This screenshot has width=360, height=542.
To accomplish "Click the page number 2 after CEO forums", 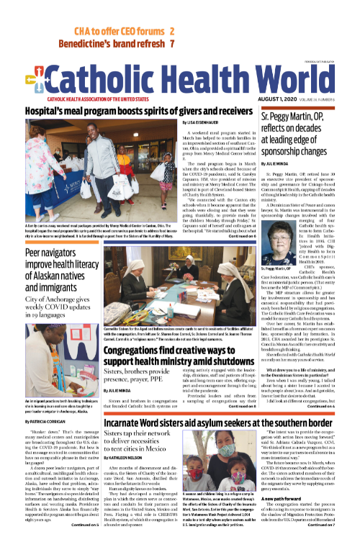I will [x=172, y=32].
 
